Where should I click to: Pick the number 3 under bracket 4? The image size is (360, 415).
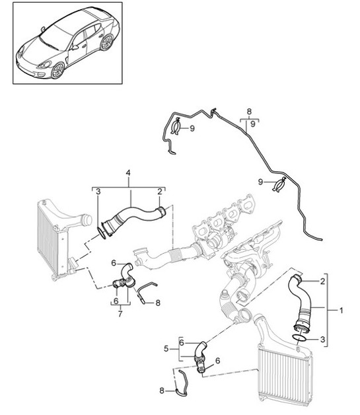(97, 192)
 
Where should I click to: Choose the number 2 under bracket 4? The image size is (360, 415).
(160, 192)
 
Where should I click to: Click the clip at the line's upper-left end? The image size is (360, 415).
(176, 128)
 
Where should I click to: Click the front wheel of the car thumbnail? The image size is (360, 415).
(57, 71)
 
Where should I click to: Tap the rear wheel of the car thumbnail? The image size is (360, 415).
(107, 43)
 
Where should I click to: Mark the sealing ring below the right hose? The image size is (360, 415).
(298, 338)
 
